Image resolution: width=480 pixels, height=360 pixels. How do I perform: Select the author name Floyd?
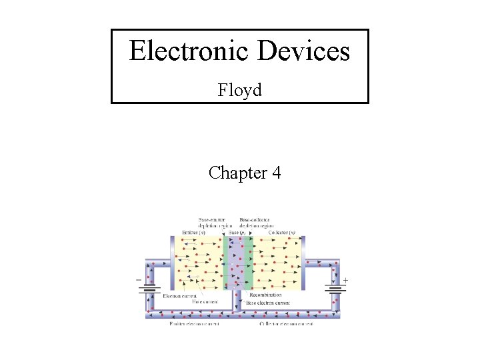[239, 89]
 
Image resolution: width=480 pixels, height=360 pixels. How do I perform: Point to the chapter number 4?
[276, 173]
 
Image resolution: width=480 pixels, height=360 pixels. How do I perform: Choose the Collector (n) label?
[283, 233]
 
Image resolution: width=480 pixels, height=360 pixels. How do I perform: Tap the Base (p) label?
[237, 233]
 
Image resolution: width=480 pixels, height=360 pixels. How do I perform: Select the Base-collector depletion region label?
[262, 223]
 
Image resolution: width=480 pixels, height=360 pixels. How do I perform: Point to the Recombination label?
[265, 295]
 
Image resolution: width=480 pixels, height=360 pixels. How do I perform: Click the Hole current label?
[205, 301]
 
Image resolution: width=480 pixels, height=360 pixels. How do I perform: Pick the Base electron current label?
[269, 302]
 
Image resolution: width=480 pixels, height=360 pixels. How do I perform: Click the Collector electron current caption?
[286, 324]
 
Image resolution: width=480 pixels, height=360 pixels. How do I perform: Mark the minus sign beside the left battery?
[138, 281]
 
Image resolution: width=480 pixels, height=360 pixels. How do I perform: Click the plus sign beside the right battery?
[345, 281]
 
